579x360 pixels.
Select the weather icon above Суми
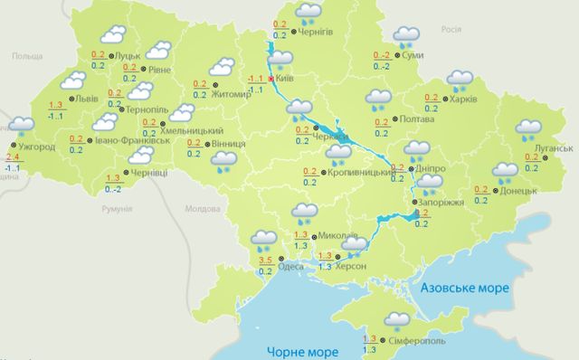click(x=407, y=36)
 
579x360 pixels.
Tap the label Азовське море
click(x=466, y=287)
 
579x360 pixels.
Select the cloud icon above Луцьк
click(x=112, y=35)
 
